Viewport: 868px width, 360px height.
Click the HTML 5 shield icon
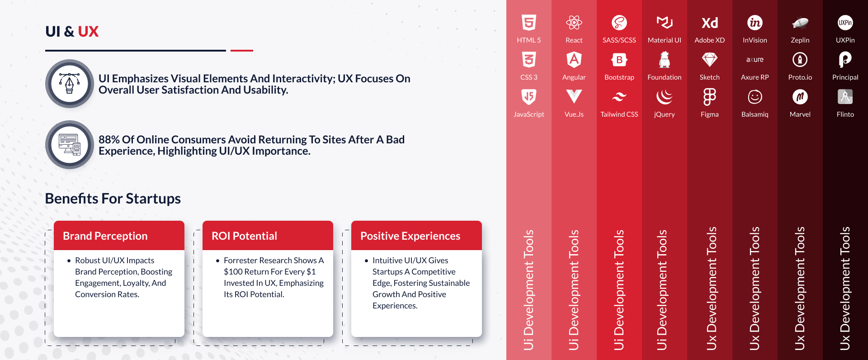(x=528, y=22)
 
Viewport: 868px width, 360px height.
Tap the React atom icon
(x=574, y=22)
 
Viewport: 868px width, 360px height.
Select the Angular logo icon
(x=574, y=59)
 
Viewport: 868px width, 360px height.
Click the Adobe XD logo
(x=709, y=23)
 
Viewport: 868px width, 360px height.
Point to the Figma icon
(x=709, y=97)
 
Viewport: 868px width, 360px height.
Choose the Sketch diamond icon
(x=709, y=59)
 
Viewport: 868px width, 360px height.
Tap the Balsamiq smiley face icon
(x=755, y=97)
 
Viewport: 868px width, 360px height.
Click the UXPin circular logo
(x=845, y=22)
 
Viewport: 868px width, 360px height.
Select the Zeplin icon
(x=800, y=23)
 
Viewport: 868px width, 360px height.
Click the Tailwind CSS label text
(x=619, y=114)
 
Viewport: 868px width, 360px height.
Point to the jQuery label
(x=664, y=115)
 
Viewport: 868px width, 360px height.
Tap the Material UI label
(x=664, y=40)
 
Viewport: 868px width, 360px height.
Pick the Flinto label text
(x=845, y=114)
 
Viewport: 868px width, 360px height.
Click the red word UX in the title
(x=88, y=32)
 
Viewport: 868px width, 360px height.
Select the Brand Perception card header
(x=119, y=236)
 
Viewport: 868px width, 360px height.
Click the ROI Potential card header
(x=268, y=236)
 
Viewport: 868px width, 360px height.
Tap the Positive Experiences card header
(x=416, y=236)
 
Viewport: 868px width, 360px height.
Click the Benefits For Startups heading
(x=113, y=199)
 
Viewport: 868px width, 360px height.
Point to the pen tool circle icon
(x=69, y=84)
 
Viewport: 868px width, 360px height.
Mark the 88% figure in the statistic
(x=109, y=140)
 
